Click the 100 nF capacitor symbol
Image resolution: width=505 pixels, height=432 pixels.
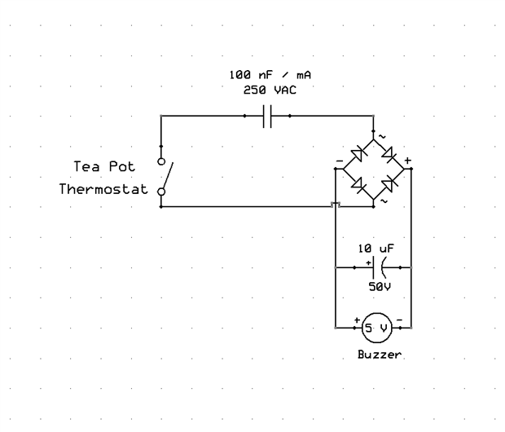click(269, 117)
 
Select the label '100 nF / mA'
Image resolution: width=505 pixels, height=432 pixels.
click(269, 74)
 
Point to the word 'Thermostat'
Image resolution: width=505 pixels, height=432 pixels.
click(103, 190)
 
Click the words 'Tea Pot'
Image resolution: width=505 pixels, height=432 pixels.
click(103, 165)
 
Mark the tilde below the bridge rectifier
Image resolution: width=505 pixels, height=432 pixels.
click(384, 200)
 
